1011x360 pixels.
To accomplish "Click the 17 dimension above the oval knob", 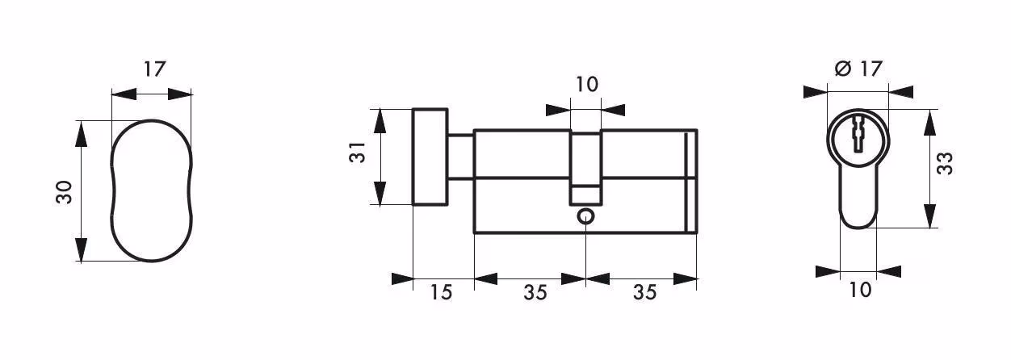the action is tap(155, 69).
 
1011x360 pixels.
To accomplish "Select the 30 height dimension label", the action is tap(64, 193).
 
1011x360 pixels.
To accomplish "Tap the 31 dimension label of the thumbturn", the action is tap(357, 153).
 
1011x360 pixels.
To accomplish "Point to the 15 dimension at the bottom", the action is tap(441, 292).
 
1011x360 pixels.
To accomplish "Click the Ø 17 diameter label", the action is tap(858, 69).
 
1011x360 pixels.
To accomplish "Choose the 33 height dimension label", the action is tap(945, 163).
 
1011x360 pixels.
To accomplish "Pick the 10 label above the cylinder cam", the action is tap(587, 85).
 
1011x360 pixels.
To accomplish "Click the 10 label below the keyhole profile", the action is tap(860, 290).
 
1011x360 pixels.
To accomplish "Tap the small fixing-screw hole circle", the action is tap(585, 217).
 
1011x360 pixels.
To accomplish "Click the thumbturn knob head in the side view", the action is tap(430, 157).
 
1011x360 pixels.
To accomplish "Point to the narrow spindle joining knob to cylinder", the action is tap(461, 157).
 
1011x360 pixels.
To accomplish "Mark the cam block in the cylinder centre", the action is tap(585, 167).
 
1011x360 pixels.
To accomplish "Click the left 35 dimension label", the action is tap(535, 293).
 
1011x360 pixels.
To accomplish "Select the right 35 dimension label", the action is tap(644, 293).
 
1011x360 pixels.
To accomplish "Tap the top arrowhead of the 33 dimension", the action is tap(929, 122).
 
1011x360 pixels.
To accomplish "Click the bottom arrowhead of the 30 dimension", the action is tap(81, 249).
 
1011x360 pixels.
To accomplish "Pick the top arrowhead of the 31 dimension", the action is tap(380, 122).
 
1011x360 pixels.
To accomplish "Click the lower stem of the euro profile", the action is tap(858, 199).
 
